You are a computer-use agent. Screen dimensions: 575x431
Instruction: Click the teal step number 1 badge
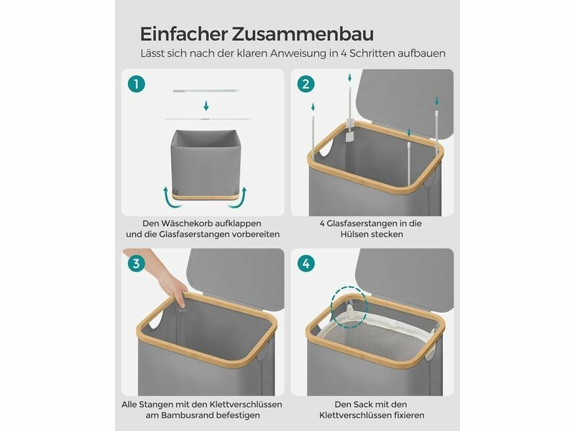coord(137,84)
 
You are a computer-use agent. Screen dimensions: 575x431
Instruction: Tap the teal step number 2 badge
coord(306,84)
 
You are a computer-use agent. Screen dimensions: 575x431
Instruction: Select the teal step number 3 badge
coord(137,264)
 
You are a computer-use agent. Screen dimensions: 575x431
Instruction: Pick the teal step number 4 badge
coord(306,264)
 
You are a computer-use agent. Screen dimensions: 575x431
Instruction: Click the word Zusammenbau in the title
coord(303,34)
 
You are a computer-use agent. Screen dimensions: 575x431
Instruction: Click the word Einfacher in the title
coord(184,34)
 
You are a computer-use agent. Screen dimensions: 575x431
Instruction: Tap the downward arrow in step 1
coord(206,106)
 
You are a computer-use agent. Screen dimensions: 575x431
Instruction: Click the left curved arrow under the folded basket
coord(172,198)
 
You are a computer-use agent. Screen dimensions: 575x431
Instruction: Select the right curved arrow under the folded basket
coord(239,198)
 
